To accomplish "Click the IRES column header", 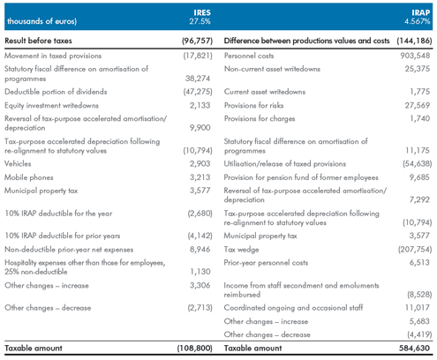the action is (202, 12).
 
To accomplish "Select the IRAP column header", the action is (420, 12).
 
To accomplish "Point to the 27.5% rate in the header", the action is (200, 21).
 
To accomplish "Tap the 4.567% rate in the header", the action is (417, 21).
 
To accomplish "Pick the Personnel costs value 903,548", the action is (415, 56).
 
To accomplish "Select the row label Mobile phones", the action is (29, 177).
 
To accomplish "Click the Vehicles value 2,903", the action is (200, 163).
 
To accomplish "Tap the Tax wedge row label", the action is (241, 250).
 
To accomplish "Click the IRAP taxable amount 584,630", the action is (414, 348).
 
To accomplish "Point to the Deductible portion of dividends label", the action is (56, 92).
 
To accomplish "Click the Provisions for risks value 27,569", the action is (418, 105).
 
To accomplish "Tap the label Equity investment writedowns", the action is (51, 105).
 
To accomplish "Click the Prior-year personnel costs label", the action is (266, 263).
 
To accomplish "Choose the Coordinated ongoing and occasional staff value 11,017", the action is (418, 308).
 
